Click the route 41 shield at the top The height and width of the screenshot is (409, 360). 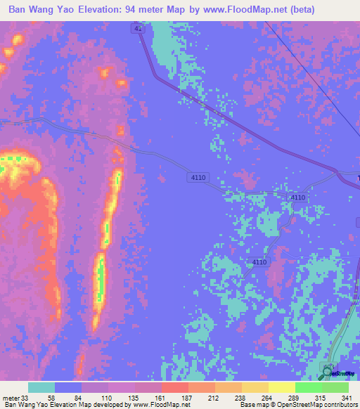pyautogui.click(x=138, y=28)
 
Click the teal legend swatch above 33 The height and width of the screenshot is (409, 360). pyautogui.click(x=41, y=387)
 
